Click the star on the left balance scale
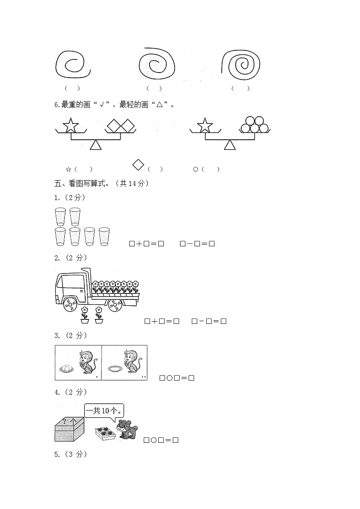(x=70, y=125)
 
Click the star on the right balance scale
(x=205, y=125)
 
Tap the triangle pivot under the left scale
(x=95, y=145)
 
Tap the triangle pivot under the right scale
(x=230, y=145)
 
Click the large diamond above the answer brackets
(x=138, y=164)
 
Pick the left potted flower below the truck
(x=84, y=315)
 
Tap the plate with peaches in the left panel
(x=66, y=368)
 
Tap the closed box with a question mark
(x=69, y=429)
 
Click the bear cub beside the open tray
(x=127, y=429)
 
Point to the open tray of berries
(x=105, y=434)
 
